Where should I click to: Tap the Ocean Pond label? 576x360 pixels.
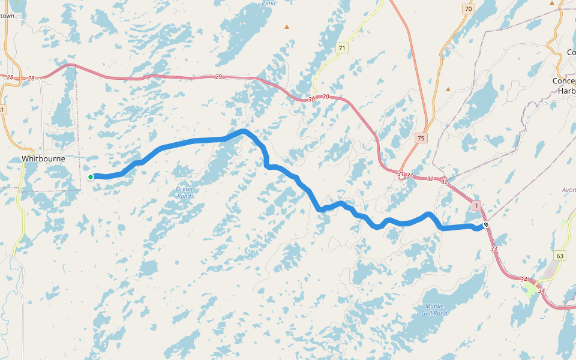[184, 193]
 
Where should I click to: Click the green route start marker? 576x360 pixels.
[91, 176]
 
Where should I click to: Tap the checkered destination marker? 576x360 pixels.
[486, 225]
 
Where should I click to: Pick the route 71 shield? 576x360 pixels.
[342, 48]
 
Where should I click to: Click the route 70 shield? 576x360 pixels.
[468, 8]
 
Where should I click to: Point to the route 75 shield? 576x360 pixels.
[421, 138]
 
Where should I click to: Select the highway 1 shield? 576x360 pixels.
[476, 206]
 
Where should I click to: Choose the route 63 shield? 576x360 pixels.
[560, 256]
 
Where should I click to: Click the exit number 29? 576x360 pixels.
[218, 77]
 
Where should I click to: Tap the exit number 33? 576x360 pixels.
[494, 248]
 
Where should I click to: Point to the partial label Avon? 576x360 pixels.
[568, 190]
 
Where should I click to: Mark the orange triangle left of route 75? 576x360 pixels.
[448, 89]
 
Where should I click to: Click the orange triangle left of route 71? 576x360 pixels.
[287, 26]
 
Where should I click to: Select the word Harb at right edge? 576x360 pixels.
[566, 91]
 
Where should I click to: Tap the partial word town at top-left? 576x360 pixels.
[7, 16]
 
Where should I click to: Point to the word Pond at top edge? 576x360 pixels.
[269, 2]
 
